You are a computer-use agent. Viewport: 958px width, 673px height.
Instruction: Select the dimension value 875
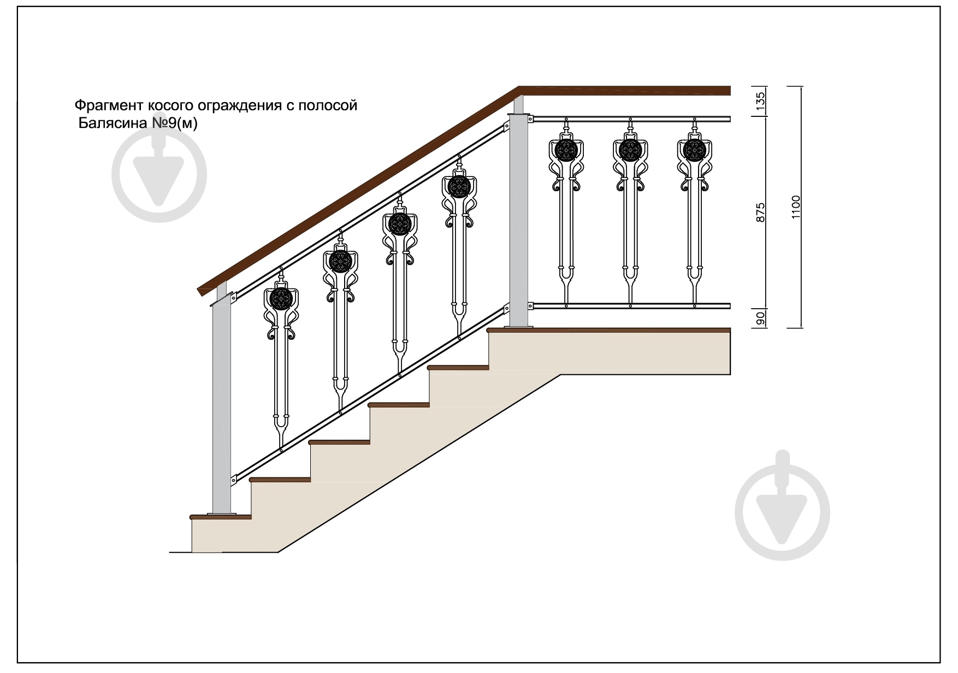point(760,212)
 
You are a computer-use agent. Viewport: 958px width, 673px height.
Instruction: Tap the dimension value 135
point(760,101)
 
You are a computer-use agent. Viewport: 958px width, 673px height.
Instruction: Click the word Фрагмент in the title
point(108,104)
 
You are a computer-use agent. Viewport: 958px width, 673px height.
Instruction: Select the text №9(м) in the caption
point(174,123)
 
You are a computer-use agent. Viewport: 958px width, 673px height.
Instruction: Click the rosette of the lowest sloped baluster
point(281,299)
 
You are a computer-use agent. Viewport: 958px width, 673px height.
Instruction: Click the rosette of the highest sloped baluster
point(459,187)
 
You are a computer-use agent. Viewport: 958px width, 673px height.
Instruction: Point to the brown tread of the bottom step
point(220,516)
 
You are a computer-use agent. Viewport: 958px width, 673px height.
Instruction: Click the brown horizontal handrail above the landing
point(624,91)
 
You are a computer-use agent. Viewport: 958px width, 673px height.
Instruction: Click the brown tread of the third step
point(339,441)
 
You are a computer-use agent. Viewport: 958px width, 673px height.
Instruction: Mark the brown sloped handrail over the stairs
point(358,191)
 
